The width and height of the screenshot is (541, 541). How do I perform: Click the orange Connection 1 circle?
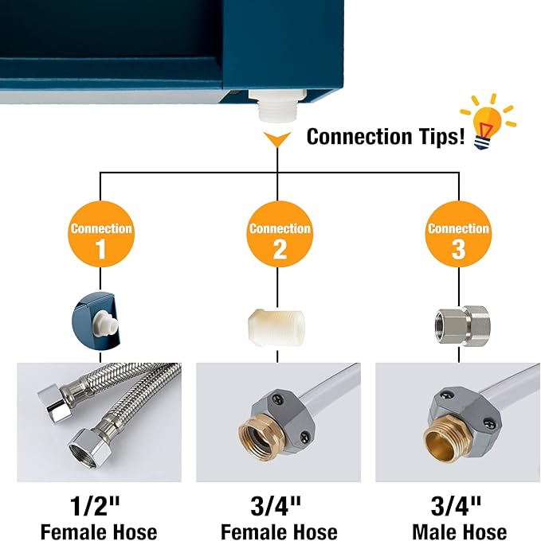tap(100, 234)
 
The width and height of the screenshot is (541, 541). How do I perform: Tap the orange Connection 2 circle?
tap(279, 234)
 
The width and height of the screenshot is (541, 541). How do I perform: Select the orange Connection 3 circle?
tap(458, 234)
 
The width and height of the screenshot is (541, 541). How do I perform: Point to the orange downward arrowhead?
tap(277, 139)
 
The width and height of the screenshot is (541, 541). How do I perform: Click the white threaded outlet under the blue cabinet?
tap(277, 104)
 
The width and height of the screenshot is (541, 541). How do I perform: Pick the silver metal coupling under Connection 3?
tap(462, 325)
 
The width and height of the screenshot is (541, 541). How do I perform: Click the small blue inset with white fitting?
tap(96, 319)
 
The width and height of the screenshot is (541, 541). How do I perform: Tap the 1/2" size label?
tap(95, 506)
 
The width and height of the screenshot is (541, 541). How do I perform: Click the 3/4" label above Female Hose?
tap(276, 506)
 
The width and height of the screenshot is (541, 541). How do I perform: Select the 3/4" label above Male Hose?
tap(456, 506)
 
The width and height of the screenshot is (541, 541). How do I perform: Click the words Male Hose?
tap(460, 531)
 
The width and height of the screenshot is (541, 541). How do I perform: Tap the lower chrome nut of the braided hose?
tap(89, 448)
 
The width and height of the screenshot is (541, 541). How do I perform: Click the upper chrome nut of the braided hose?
tap(55, 403)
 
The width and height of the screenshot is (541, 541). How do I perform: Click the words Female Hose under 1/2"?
tap(99, 531)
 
